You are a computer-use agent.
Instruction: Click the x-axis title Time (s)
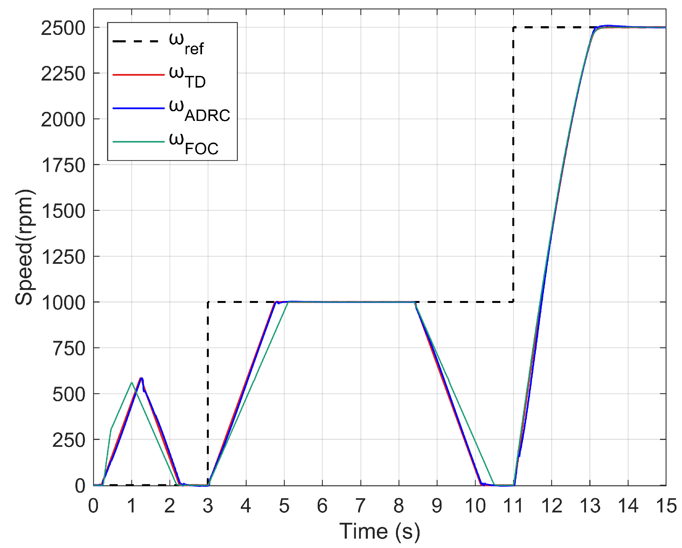click(379, 531)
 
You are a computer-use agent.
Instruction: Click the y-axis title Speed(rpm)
click(24, 247)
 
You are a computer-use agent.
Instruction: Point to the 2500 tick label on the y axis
click(63, 28)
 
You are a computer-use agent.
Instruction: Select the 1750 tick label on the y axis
click(63, 166)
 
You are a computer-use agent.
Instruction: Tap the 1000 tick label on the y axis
click(63, 303)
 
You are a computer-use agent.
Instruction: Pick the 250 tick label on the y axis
click(69, 440)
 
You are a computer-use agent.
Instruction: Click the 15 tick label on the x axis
click(666, 506)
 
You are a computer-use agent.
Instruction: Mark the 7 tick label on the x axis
click(360, 506)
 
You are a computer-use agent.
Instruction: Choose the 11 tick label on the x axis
click(513, 506)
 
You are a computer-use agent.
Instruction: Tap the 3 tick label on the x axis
click(208, 506)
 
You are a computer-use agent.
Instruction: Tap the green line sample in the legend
click(138, 142)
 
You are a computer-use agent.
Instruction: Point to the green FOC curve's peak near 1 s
click(132, 382)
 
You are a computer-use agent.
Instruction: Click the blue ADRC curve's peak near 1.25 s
click(141, 378)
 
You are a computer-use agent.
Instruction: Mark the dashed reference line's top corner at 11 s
click(513, 27)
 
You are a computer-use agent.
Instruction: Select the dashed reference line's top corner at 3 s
click(208, 302)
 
